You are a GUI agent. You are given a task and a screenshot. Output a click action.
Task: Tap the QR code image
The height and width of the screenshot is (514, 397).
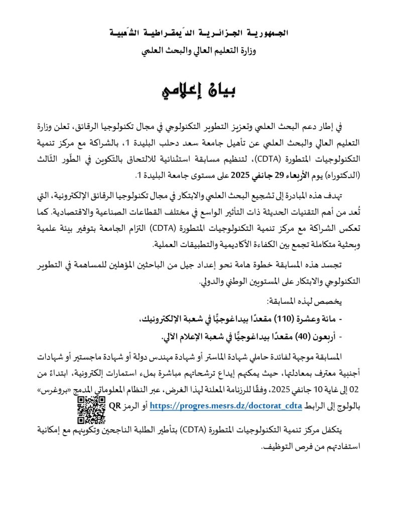91,410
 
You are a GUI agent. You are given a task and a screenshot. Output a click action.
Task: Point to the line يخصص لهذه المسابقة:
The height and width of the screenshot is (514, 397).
299,302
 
